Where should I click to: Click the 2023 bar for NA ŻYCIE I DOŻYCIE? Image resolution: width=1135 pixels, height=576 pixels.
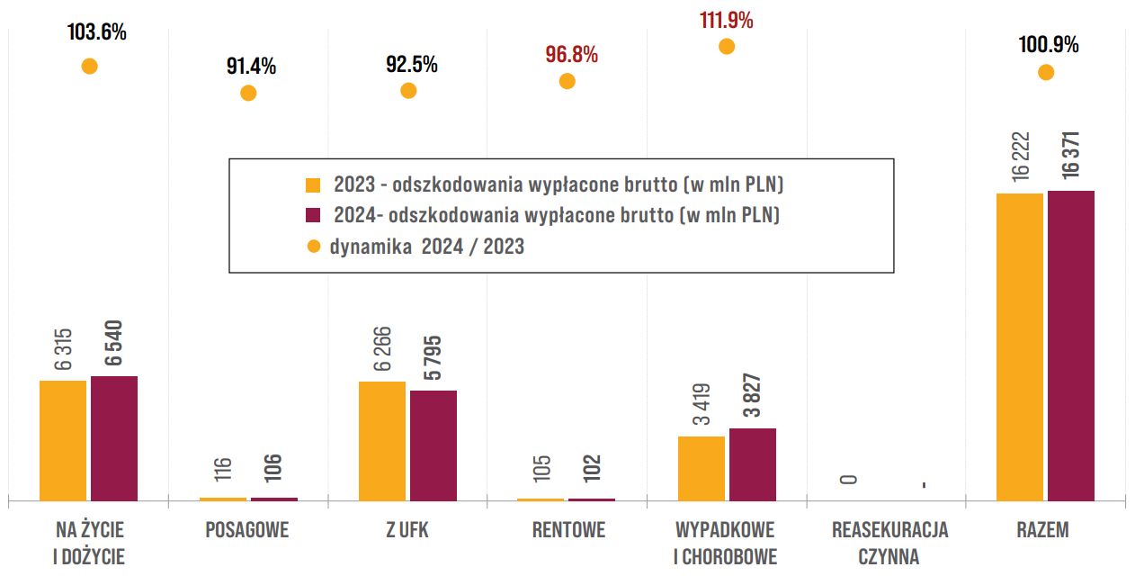pyautogui.click(x=63, y=441)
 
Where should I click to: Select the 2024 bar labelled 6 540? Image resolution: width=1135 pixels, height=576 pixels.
pyautogui.click(x=114, y=438)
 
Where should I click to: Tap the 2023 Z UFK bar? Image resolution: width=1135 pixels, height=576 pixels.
pyautogui.click(x=382, y=441)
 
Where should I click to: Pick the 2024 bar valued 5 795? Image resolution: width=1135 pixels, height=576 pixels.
pyautogui.click(x=433, y=445)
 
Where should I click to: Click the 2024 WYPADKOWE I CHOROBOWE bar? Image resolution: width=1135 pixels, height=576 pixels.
pyautogui.click(x=753, y=464)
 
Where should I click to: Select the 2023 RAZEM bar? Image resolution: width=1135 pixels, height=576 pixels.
pyautogui.click(x=1020, y=347)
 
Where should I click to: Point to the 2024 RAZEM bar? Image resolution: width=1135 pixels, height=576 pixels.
pyautogui.click(x=1071, y=346)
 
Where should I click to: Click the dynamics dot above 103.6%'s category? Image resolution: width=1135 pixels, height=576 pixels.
pyautogui.click(x=90, y=67)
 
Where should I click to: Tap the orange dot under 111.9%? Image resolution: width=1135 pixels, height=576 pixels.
pyautogui.click(x=727, y=47)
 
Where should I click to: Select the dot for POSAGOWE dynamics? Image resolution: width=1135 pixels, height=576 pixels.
pyautogui.click(x=248, y=94)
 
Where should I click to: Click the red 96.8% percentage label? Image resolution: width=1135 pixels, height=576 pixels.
pyautogui.click(x=572, y=55)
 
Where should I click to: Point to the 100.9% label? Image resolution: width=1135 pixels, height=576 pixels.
pyautogui.click(x=1049, y=45)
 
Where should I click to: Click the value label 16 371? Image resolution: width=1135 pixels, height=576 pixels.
pyautogui.click(x=1071, y=155)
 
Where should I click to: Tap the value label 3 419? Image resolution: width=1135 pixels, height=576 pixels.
pyautogui.click(x=702, y=404)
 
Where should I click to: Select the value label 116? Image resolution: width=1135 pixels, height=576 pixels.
pyautogui.click(x=222, y=469)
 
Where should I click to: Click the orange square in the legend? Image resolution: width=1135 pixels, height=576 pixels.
pyautogui.click(x=313, y=185)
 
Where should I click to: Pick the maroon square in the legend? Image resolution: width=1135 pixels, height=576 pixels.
pyautogui.click(x=313, y=215)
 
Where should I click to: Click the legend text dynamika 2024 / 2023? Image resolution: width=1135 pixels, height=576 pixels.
pyautogui.click(x=426, y=247)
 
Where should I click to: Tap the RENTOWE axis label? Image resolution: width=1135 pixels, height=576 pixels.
pyautogui.click(x=568, y=530)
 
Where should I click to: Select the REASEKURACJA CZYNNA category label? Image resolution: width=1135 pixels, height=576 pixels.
pyautogui.click(x=889, y=544)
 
